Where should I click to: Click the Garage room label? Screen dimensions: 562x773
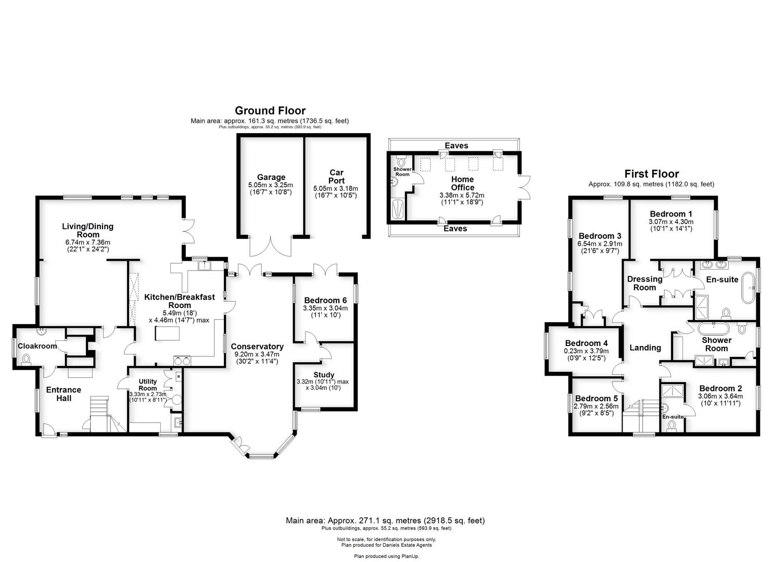[271, 177]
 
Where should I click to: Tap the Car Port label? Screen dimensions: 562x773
[336, 176]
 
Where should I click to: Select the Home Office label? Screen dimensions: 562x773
[462, 183]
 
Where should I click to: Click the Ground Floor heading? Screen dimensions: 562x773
[270, 110]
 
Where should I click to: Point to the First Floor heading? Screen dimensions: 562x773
[651, 174]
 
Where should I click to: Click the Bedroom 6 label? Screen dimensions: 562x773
[325, 300]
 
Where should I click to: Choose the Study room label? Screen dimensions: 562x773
[324, 375]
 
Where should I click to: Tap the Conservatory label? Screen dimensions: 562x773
[257, 347]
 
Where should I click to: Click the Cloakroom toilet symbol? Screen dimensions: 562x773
[27, 358]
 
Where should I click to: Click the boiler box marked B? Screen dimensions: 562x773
[178, 375]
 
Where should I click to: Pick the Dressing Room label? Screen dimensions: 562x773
[644, 283]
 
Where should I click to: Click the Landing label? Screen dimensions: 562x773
[645, 348]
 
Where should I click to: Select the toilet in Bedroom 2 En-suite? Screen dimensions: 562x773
[670, 426]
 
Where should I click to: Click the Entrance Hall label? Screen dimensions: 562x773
[64, 394]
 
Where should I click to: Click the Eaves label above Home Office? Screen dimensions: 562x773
[456, 146]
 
